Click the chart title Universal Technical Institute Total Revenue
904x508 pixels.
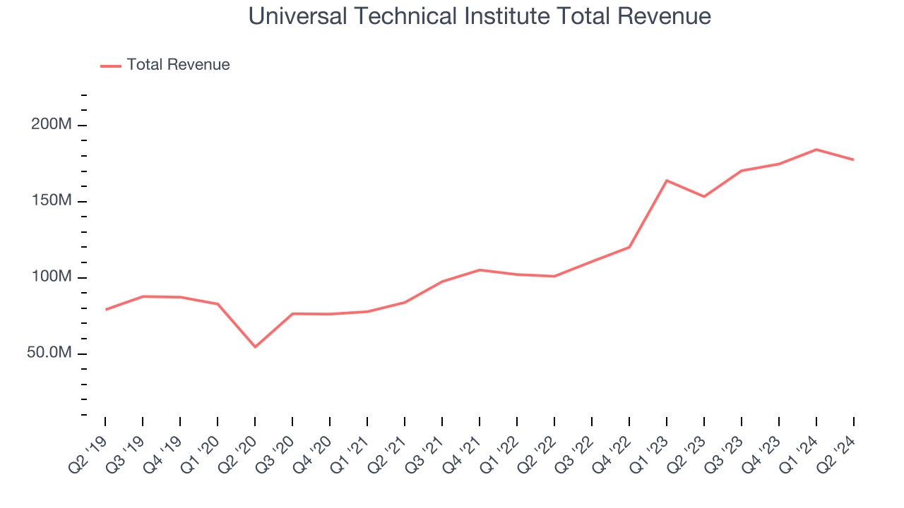480,16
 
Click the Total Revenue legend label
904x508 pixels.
178,65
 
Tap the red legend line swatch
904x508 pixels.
111,66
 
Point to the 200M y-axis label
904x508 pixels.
52,125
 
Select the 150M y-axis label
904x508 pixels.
52,201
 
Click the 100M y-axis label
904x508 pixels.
52,277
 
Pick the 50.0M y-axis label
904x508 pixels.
49,353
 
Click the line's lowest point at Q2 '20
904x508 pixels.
255,346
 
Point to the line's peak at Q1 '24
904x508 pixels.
816,150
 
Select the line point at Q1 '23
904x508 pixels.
667,181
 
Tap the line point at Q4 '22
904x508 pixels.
629,247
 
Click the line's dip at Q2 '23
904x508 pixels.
704,196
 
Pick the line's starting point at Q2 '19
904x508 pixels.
105,309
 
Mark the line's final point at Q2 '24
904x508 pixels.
853,159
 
